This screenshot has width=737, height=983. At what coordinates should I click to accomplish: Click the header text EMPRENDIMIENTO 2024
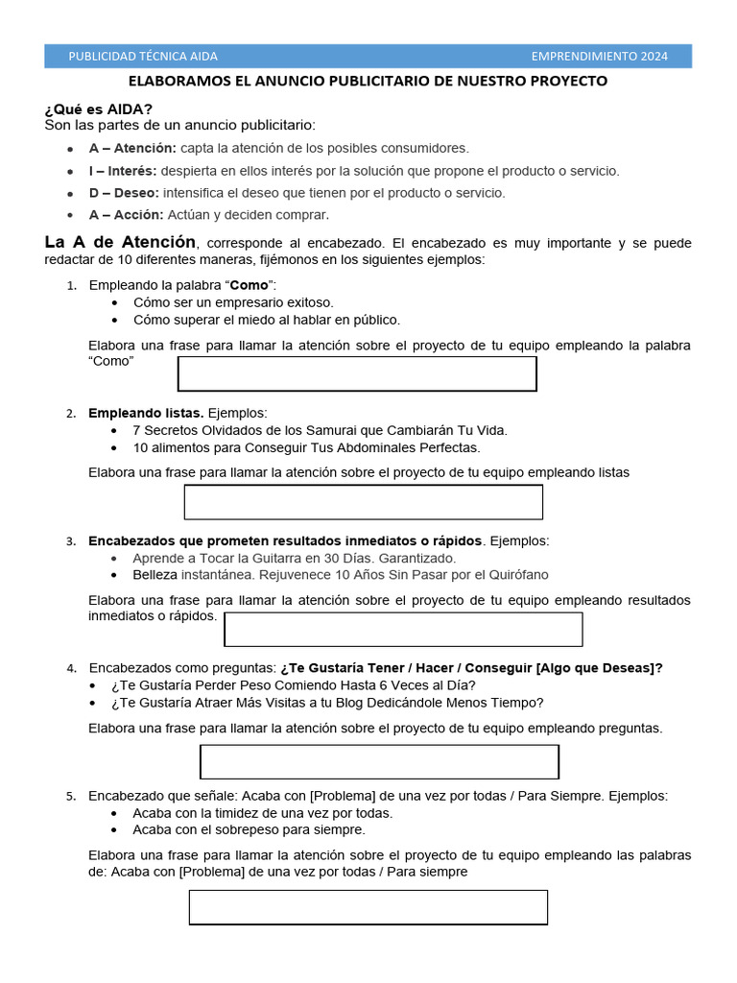(x=599, y=57)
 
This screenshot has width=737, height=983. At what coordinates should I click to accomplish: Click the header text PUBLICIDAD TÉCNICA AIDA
(x=143, y=57)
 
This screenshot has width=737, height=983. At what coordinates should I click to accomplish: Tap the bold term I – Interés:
(x=123, y=171)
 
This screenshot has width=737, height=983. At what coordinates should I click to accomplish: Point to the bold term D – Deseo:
(x=124, y=193)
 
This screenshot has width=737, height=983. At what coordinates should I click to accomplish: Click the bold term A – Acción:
(x=126, y=215)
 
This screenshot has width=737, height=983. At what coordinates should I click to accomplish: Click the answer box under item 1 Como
(x=357, y=373)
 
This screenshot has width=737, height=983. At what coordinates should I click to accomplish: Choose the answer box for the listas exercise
(x=363, y=502)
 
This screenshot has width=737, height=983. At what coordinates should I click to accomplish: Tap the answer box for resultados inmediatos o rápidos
(x=403, y=630)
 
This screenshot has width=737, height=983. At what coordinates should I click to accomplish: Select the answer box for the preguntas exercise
(x=379, y=761)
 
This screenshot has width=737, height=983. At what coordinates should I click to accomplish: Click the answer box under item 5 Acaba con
(x=368, y=907)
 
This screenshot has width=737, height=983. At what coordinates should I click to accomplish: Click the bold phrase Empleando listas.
(x=146, y=413)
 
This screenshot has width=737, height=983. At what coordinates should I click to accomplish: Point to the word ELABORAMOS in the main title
(x=179, y=82)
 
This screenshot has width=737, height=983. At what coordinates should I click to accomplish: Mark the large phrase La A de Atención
(x=120, y=242)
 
